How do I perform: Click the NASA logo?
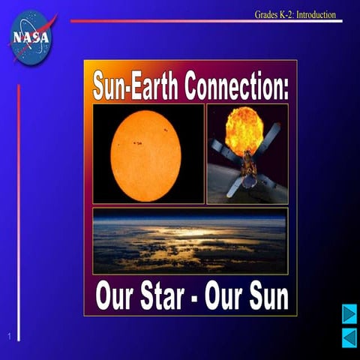tap(31, 36)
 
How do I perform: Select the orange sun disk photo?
tap(145, 155)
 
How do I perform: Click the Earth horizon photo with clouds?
tap(190, 241)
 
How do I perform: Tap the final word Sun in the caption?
tap(265, 296)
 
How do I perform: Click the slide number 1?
tap(8, 335)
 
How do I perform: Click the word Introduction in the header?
tap(316, 14)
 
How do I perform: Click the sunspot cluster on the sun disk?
tap(136, 143)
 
